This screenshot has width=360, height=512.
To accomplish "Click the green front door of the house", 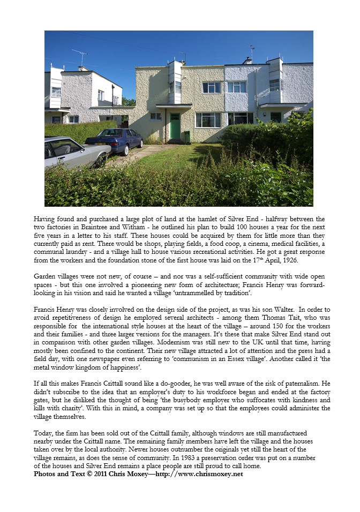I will (175, 126).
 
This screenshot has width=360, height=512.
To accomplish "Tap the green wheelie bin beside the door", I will (187, 137).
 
